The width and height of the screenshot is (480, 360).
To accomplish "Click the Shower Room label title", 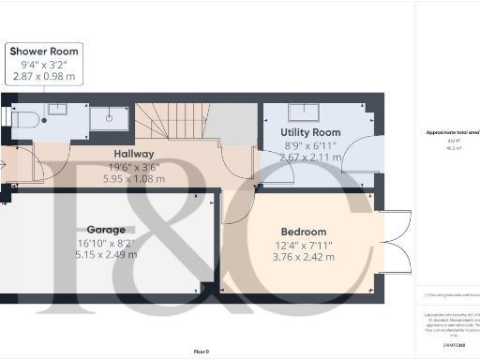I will tap(45, 51).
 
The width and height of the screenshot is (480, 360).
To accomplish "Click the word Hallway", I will tap(134, 154).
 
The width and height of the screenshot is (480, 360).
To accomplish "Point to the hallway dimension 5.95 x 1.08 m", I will tap(134, 178).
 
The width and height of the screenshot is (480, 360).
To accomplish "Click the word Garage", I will tap(106, 230).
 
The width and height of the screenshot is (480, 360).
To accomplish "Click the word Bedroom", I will tap(304, 232).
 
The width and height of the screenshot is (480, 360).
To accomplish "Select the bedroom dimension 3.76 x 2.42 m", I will tap(304, 256).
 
